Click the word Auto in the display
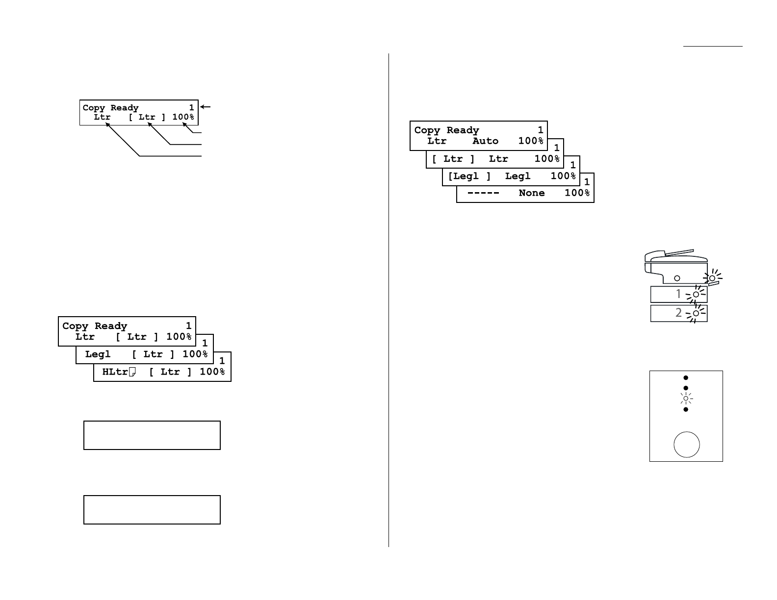[485, 141]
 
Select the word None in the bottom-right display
[531, 193]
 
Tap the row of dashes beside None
[483, 193]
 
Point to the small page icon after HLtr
[132, 373]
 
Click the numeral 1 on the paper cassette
[678, 294]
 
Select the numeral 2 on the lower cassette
[678, 313]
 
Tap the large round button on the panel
[686, 445]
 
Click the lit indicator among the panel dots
[686, 399]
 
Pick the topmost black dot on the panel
[686, 378]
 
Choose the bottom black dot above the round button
[686, 409]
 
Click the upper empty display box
[152, 435]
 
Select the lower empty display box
[152, 510]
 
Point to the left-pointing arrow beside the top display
[206, 107]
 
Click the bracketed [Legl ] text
[469, 176]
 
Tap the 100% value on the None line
[577, 193]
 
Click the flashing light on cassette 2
[696, 313]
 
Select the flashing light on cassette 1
[696, 295]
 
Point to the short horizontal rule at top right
[713, 47]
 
